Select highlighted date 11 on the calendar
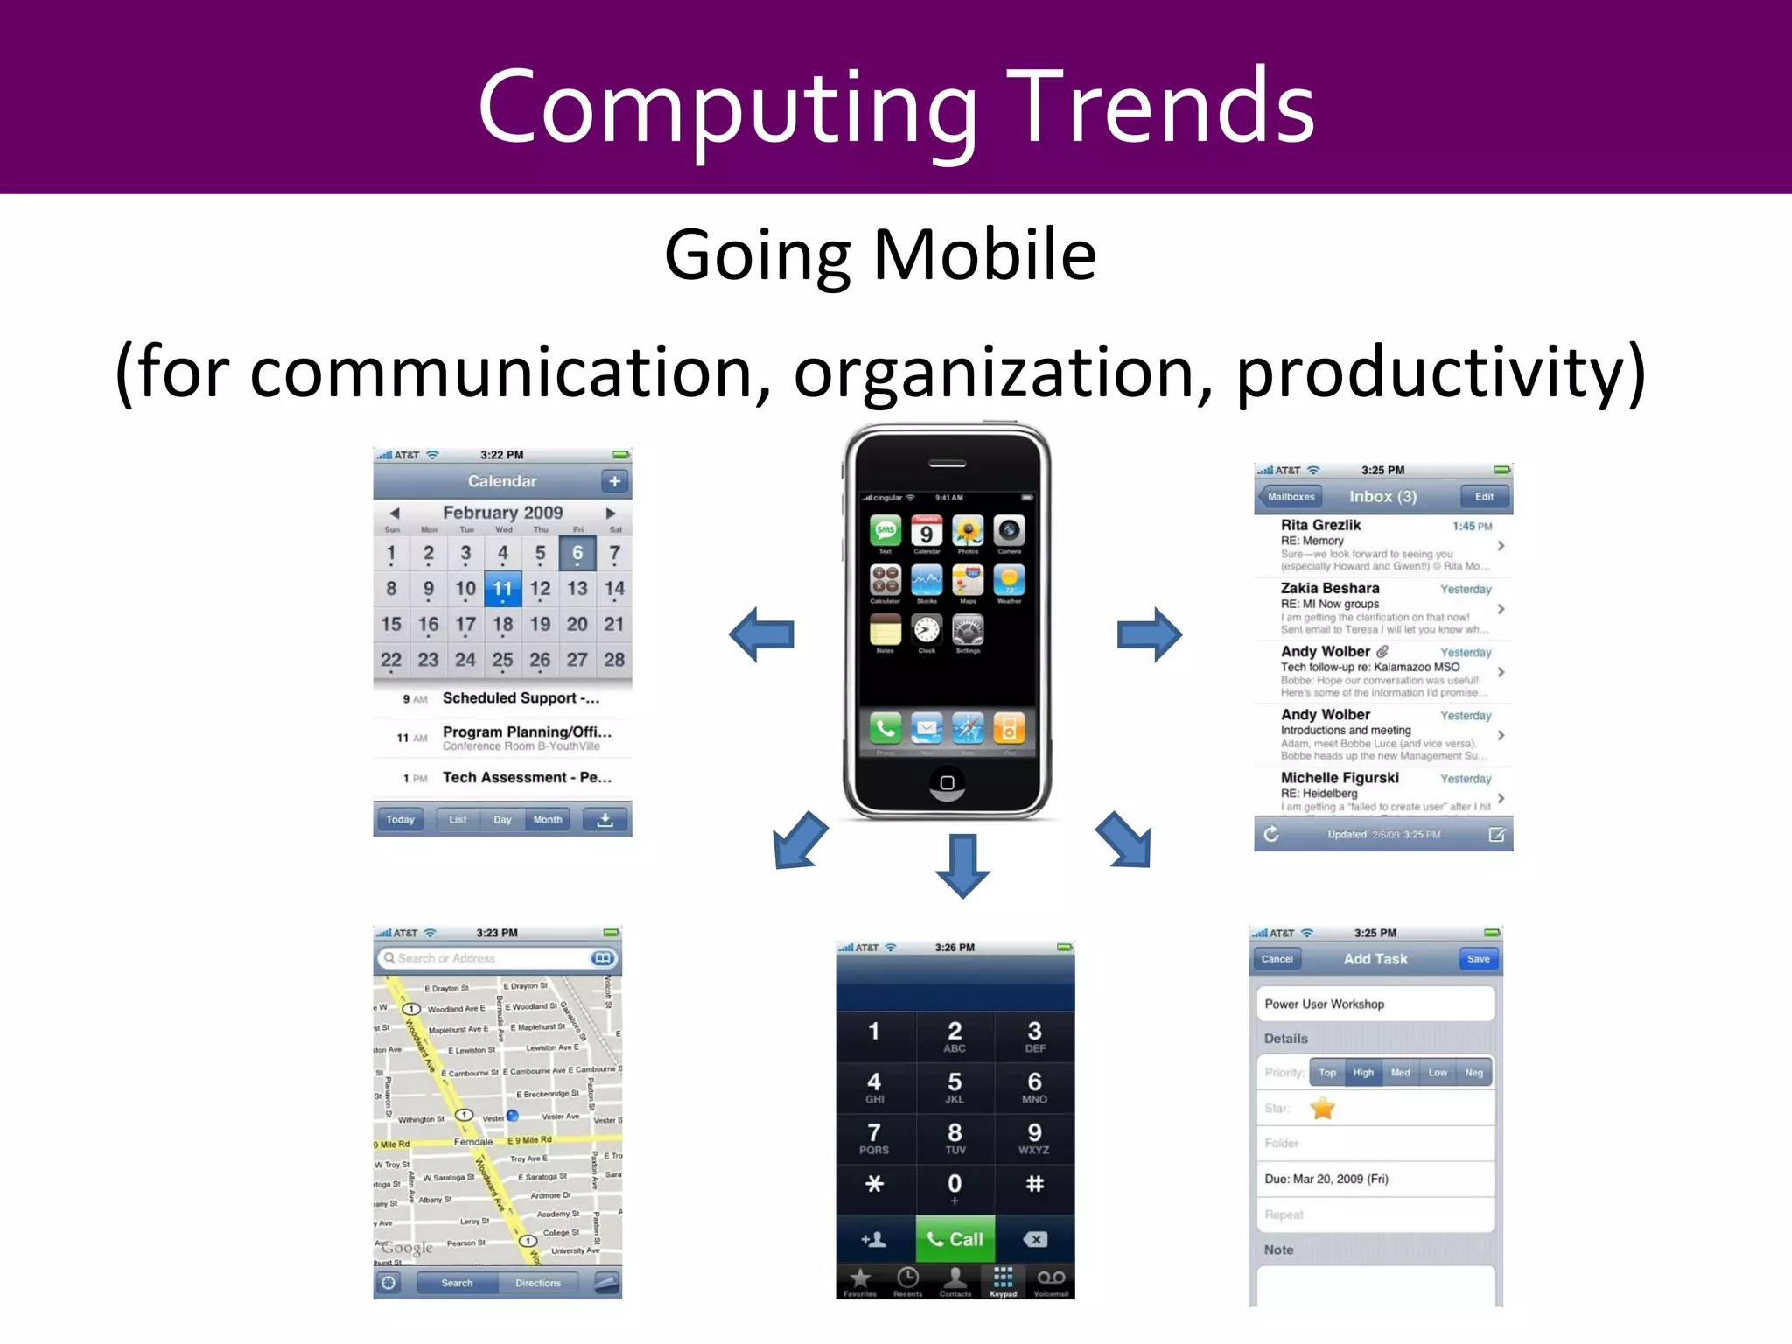[502, 589]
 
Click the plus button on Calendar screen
[614, 481]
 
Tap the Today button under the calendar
[400, 820]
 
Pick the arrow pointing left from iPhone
[762, 634]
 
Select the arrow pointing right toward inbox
[1149, 634]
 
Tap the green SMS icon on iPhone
[885, 530]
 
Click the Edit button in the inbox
[1484, 497]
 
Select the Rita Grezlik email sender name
[1320, 525]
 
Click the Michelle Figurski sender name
[1339, 778]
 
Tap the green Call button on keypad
[955, 1239]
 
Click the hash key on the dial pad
[1034, 1184]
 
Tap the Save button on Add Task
[1478, 959]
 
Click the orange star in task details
[1322, 1109]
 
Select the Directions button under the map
[537, 1283]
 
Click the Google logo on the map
[407, 1248]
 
